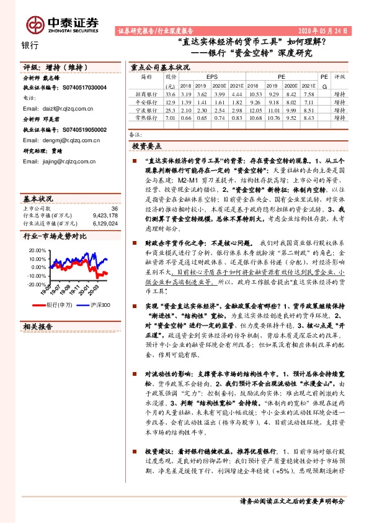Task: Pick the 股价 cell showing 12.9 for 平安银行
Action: (171, 101)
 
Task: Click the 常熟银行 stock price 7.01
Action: (171, 117)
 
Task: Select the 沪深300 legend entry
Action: (100, 305)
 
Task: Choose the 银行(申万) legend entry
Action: (60, 305)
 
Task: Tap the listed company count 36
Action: (113, 209)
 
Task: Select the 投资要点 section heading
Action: (146, 145)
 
